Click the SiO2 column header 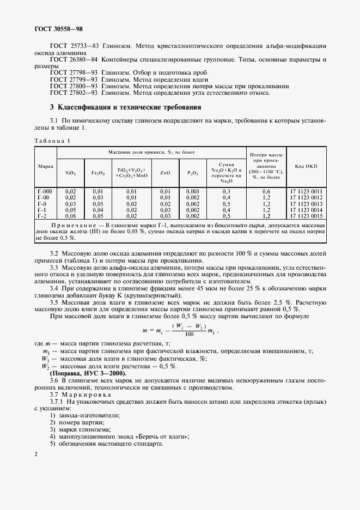coord(70,172)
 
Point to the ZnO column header coord(165,172)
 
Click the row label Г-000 coord(45,191)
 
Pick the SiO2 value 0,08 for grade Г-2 coord(70,216)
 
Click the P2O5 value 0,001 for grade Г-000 coord(192,191)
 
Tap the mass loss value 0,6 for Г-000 coord(266,191)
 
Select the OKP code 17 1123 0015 coord(306,216)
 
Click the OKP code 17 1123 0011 coord(306,191)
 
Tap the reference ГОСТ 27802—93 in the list coord(74,93)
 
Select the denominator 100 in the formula coord(189,333)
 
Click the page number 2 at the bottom coord(35,453)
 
